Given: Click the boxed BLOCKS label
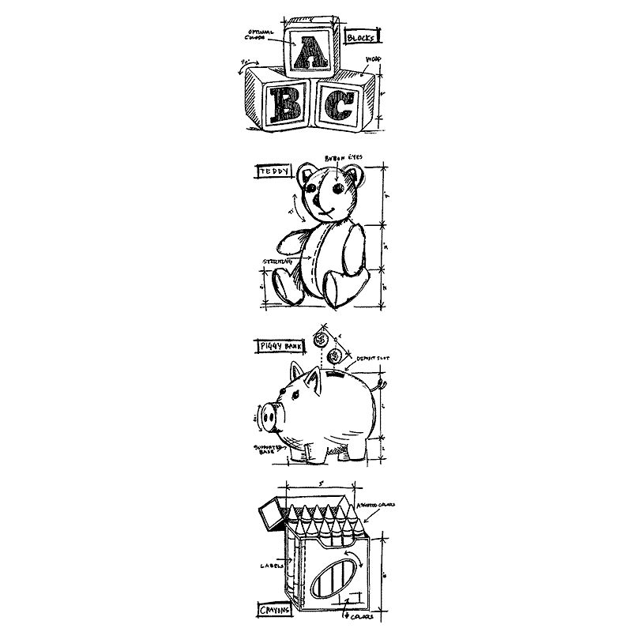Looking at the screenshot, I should [363, 36].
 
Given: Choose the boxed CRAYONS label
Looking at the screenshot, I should [273, 611].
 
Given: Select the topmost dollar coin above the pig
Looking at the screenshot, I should [320, 338].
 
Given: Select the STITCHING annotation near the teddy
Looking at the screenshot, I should [277, 261].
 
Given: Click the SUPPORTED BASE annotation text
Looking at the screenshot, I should [265, 449].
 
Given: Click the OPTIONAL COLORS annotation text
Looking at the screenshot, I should [261, 36].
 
